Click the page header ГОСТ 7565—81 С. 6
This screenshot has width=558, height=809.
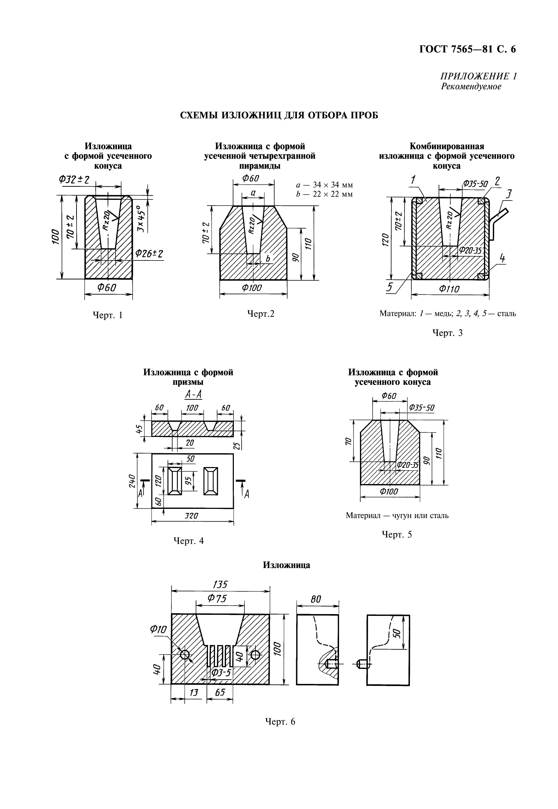click(467, 50)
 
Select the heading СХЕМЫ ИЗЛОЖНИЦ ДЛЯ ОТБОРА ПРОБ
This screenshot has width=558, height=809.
click(279, 116)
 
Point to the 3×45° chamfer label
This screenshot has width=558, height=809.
click(141, 219)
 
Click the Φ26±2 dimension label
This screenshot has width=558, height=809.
click(149, 254)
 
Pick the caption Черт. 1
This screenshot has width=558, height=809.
click(108, 315)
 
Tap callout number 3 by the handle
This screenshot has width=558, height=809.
click(509, 194)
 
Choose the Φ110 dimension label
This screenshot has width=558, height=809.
click(449, 289)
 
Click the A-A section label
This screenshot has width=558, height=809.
click(193, 395)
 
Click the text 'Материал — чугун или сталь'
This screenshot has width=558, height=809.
click(397, 516)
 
